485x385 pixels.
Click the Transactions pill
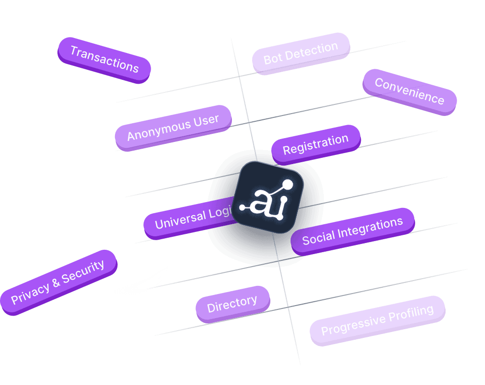(104, 59)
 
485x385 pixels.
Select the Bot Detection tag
(301, 53)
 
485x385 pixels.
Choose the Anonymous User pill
(173, 128)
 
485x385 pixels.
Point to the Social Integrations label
(352, 231)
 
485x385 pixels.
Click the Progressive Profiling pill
(377, 321)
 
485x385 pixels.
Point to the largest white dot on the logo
(288, 184)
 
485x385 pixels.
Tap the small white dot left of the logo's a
(242, 208)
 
